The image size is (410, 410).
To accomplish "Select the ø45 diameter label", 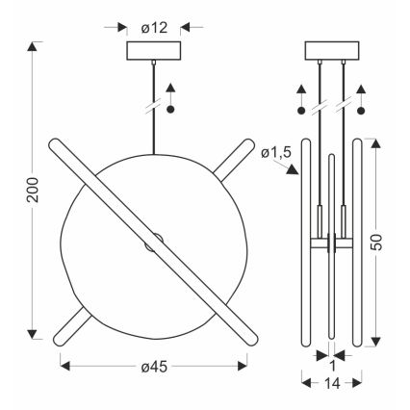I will (x=152, y=367).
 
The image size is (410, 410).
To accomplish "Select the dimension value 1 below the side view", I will (x=332, y=367).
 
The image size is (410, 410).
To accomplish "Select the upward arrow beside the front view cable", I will (x=170, y=91).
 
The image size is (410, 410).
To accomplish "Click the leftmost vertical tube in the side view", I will (x=306, y=245).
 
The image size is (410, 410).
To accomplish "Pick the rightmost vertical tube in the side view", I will (x=357, y=245).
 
